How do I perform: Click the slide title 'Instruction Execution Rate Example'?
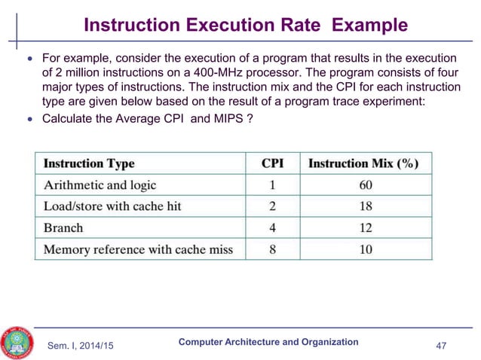(245, 26)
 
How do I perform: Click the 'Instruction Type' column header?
(89, 163)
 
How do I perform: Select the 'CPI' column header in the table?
(272, 163)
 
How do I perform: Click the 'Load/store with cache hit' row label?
(112, 206)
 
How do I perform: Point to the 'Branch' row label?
(63, 227)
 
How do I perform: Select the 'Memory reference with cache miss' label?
(138, 249)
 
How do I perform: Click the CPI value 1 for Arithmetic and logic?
(272, 185)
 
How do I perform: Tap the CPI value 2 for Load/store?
(272, 206)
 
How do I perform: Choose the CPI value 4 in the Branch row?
(272, 227)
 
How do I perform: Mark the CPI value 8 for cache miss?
(272, 249)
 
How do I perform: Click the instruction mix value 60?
(365, 185)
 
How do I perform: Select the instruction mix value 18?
(365, 206)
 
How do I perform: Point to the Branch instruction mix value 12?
(365, 227)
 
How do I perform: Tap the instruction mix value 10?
(365, 249)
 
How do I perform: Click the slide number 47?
(449, 345)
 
